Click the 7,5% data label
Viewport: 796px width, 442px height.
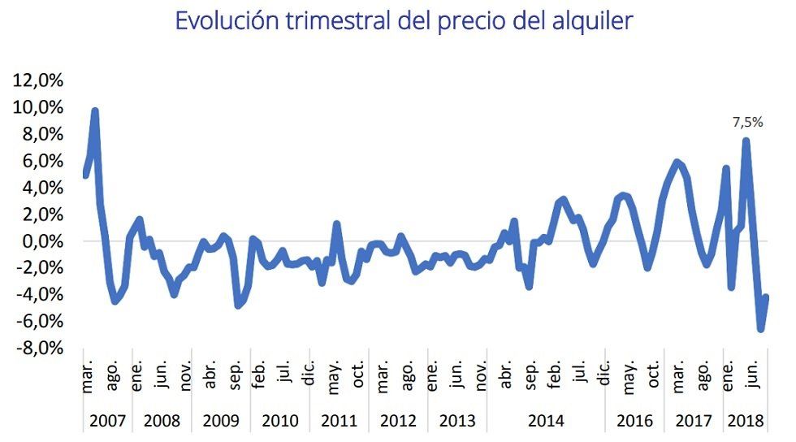point(747,123)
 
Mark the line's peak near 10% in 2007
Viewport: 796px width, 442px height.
point(95,111)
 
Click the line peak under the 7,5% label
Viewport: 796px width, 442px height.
point(746,141)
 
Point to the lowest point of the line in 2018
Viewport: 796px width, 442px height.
point(761,329)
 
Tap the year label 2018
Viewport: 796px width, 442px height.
point(745,422)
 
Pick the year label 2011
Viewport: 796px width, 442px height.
point(340,422)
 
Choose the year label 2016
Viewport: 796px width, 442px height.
point(634,422)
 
